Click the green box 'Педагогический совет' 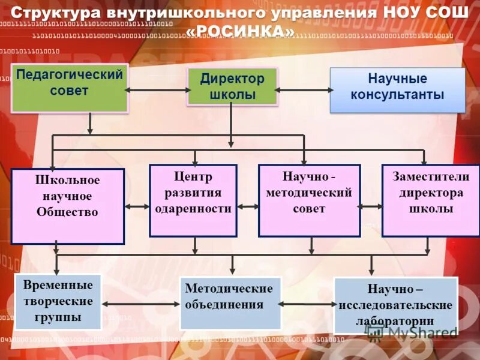pyautogui.click(x=70, y=88)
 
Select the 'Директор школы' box pyautogui.click(x=232, y=87)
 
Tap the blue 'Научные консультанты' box pyautogui.click(x=397, y=90)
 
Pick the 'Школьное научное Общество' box pyautogui.click(x=67, y=206)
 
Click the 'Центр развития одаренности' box pyautogui.click(x=193, y=200)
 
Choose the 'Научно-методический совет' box pyautogui.click(x=309, y=200)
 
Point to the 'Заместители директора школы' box pyautogui.click(x=428, y=200)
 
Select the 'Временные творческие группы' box pyautogui.click(x=58, y=302)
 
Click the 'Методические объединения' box pyautogui.click(x=230, y=302)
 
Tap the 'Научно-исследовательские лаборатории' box pyautogui.click(x=395, y=305)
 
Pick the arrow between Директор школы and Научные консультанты pyautogui.click(x=304, y=91)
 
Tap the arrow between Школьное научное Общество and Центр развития pyautogui.click(x=137, y=207)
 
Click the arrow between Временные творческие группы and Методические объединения pyautogui.click(x=141, y=304)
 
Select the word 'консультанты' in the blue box pyautogui.click(x=397, y=95)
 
